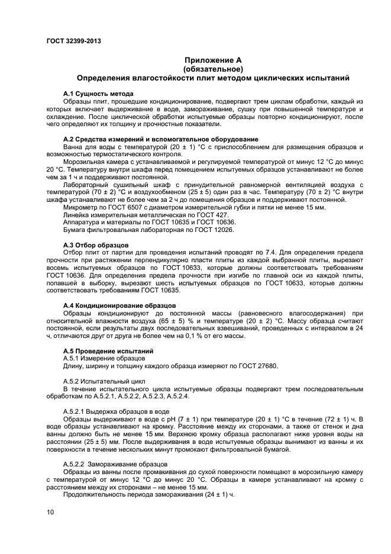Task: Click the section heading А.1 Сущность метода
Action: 98,94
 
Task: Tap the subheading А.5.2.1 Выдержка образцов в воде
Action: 117,411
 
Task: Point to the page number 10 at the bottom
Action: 50,513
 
